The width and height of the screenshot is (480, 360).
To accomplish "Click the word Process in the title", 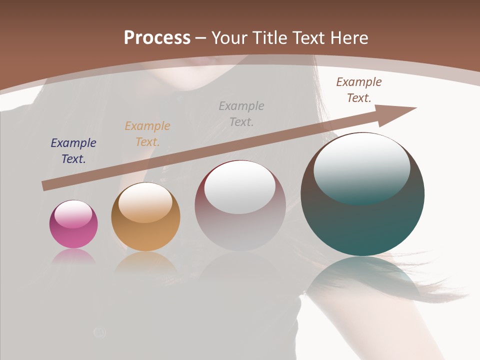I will point(157,38).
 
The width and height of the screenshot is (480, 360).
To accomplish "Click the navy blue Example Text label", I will point(73,151).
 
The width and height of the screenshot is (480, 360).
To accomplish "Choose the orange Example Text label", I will point(147,134).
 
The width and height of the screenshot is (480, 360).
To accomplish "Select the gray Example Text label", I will point(241,113).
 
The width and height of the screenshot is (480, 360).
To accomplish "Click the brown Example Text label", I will point(359,90).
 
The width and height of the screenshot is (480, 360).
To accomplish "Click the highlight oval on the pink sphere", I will point(73,214).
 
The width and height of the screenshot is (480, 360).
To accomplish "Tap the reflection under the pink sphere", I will point(73,257).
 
